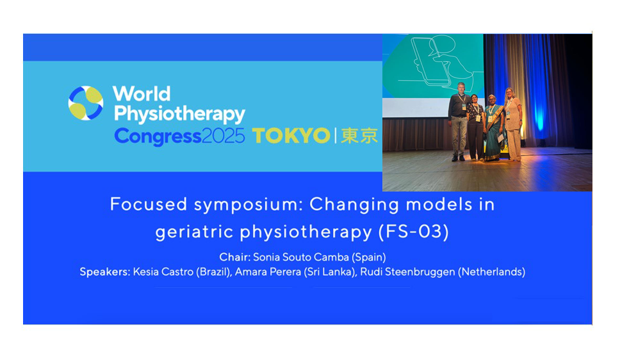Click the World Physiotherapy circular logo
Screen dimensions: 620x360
click(x=86, y=103)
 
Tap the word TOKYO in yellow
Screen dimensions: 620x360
click(x=291, y=136)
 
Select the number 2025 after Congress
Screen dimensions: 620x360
click(x=224, y=136)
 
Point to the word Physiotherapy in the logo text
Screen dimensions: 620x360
click(x=179, y=114)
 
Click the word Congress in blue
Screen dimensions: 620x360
click(x=158, y=137)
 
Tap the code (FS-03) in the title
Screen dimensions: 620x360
click(x=414, y=232)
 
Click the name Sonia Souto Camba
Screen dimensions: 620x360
click(x=301, y=257)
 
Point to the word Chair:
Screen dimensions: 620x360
click(x=235, y=257)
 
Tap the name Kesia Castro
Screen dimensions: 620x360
click(x=163, y=272)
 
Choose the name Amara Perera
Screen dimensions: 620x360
click(x=268, y=272)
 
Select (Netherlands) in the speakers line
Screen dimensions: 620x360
click(x=491, y=272)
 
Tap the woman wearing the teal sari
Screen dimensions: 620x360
click(x=493, y=127)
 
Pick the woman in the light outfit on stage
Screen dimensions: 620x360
click(x=513, y=124)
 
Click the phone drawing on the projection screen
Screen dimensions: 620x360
click(x=431, y=60)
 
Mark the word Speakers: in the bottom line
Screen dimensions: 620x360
click(x=105, y=272)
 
